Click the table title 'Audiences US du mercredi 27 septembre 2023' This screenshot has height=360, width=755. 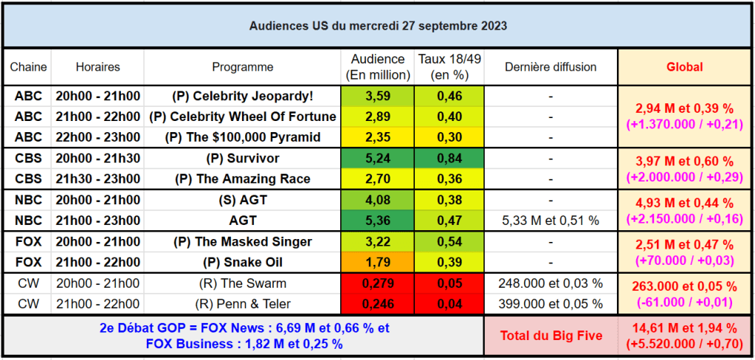coord(377,26)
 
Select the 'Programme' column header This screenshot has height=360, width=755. coord(243,67)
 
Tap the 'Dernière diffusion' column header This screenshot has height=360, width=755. coord(551,67)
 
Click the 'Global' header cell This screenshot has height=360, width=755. coord(684,67)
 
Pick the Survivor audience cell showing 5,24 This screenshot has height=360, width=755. coord(377,159)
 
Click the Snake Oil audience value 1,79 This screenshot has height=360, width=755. coord(377,263)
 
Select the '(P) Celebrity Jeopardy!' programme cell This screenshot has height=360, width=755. coord(243,96)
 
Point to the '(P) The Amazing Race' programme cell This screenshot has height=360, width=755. coord(243,179)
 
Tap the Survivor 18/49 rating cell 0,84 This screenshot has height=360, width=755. coord(449,159)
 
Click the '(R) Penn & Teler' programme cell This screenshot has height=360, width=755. coord(243,304)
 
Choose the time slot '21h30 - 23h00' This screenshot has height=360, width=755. coord(97,179)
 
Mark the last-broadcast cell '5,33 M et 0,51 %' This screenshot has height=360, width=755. coord(551,221)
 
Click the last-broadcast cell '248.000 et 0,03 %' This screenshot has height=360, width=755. coord(551,283)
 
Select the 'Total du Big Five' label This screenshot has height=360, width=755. coord(551,336)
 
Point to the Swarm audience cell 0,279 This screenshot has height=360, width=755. coord(377,283)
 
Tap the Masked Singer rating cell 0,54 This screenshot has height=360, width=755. coord(449,242)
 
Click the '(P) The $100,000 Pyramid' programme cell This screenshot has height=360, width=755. coord(243,137)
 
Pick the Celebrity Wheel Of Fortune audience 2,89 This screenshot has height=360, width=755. coord(377,117)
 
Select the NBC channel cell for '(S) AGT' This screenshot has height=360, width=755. coord(28,200)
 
